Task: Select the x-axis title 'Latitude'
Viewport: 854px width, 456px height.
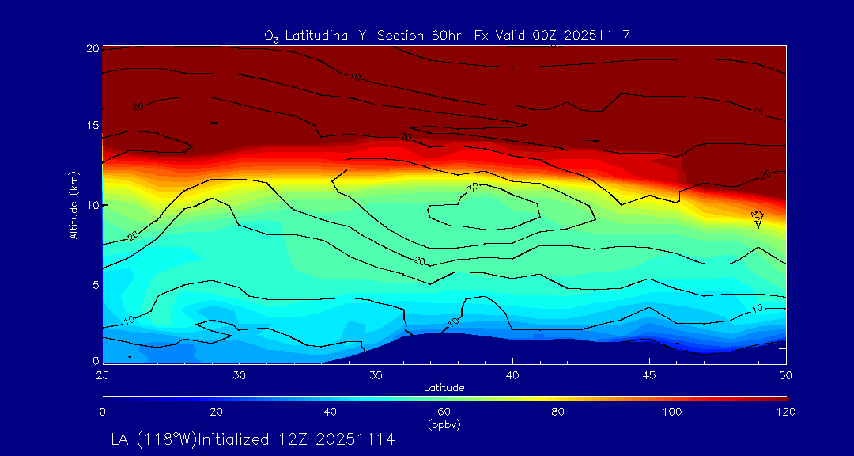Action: (444, 388)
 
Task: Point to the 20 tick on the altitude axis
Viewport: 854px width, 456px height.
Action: (92, 48)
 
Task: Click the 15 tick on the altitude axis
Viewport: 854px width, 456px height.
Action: (92, 126)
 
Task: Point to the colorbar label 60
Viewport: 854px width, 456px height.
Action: (444, 412)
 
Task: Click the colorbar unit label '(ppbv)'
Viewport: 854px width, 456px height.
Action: (444, 424)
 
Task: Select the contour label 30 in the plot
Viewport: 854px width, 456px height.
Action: (473, 188)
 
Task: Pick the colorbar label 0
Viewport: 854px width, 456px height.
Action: (103, 412)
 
